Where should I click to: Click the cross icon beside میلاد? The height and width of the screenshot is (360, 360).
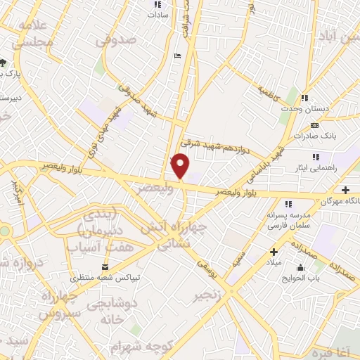274,252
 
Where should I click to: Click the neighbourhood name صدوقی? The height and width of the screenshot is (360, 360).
115,41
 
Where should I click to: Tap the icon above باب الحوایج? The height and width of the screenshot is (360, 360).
301,267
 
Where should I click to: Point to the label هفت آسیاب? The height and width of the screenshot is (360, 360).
94,247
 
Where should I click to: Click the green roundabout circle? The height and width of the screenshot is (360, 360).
4,231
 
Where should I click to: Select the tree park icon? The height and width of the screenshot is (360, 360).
4,61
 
